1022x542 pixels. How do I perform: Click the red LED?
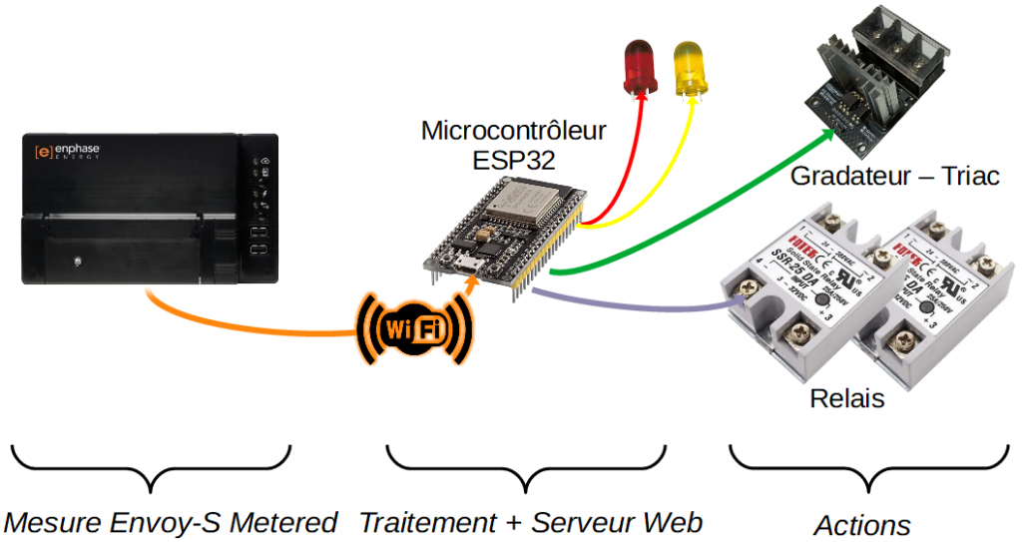[638, 68]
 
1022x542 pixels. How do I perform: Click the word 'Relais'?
[846, 398]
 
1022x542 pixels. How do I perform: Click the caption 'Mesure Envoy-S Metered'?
[171, 522]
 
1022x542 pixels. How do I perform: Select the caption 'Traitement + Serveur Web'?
[531, 522]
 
